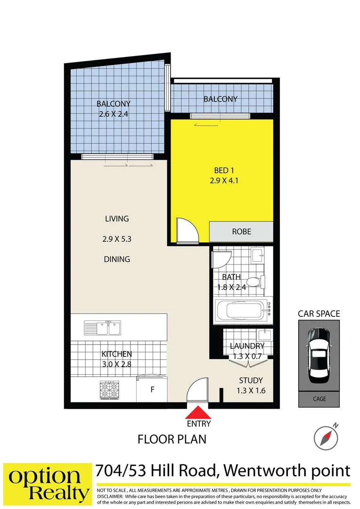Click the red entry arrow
click(x=197, y=412)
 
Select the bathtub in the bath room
click(x=243, y=311)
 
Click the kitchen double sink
click(x=102, y=327)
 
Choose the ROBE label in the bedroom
click(x=241, y=232)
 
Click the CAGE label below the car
click(x=319, y=399)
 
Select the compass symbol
click(x=326, y=436)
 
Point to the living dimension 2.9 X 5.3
click(x=116, y=239)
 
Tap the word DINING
click(x=117, y=259)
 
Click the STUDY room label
click(x=251, y=381)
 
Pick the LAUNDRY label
click(x=247, y=346)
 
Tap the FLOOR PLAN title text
click(x=172, y=439)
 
